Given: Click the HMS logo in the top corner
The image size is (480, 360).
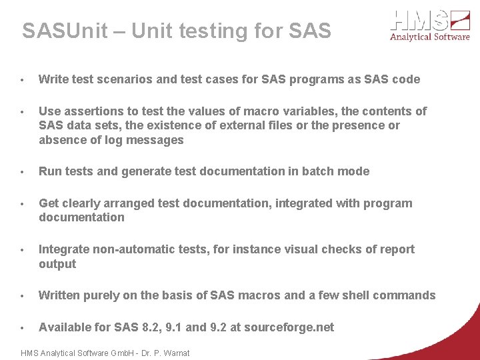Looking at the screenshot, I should pos(430,25).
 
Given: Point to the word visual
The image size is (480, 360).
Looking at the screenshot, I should pos(299,249).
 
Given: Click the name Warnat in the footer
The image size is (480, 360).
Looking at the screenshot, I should pos(176,353).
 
